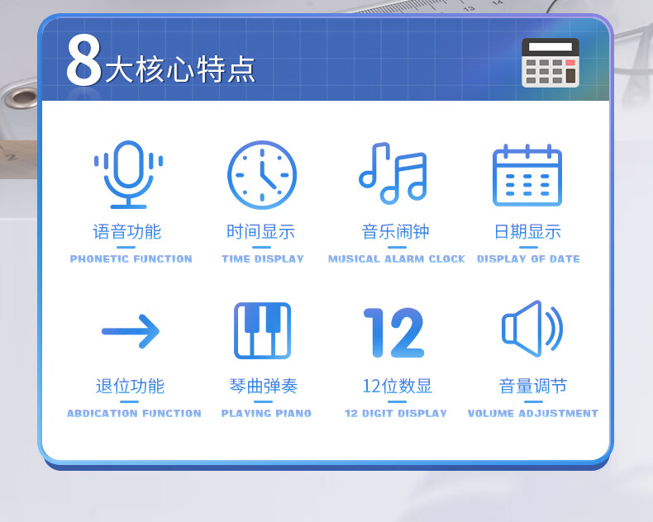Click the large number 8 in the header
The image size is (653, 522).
tap(83, 60)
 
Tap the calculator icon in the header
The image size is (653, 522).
tap(551, 63)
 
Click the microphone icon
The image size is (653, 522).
tap(128, 175)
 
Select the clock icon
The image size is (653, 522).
tap(262, 175)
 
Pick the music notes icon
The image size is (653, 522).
tap(393, 173)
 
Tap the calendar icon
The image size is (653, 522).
tap(527, 175)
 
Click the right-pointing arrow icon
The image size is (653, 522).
tap(131, 331)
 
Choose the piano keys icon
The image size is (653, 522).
tap(262, 330)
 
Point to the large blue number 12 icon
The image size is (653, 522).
tap(394, 333)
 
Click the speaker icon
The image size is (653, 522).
tap(532, 329)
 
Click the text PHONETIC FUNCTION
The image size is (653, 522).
tap(131, 259)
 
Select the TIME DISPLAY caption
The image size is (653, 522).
tap(262, 259)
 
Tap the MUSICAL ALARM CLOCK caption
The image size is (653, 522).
tap(397, 259)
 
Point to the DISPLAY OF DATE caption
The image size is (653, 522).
tap(528, 259)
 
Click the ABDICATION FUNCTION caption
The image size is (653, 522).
tap(134, 413)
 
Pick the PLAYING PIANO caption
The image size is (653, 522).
tap(266, 413)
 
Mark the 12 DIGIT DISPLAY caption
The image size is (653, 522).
tap(396, 413)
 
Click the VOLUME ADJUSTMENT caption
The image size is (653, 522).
tap(533, 413)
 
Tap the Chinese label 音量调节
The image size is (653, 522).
tap(533, 387)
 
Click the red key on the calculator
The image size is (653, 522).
tap(570, 63)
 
